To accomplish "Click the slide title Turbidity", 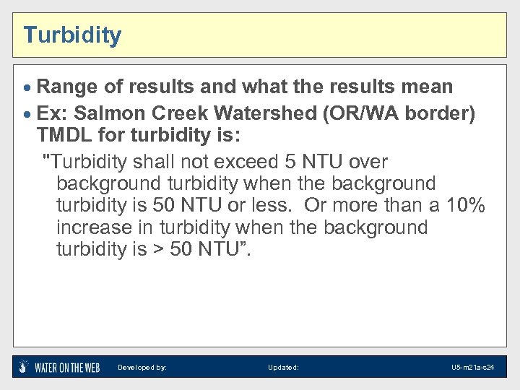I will [72, 35].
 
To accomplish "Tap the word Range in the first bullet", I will [68, 87].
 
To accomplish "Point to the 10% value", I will [465, 206].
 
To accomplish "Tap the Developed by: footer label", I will [142, 368].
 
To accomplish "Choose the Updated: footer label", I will [283, 368].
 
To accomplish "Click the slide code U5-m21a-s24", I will [472, 368].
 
